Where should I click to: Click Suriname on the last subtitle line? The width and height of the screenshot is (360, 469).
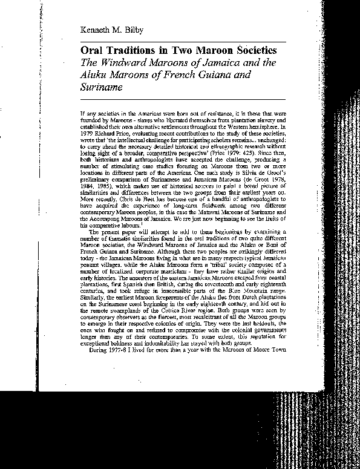click(100, 87)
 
